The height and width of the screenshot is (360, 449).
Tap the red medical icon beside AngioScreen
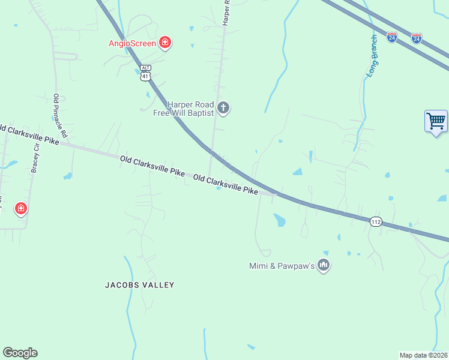[x=164, y=42]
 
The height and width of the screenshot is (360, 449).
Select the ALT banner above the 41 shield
[x=145, y=68]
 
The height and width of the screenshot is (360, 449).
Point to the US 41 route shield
[x=145, y=76]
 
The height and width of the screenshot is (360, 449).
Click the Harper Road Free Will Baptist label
[x=183, y=108]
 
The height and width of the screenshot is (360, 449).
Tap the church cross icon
[x=223, y=108]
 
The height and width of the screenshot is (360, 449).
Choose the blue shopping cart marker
[x=436, y=121]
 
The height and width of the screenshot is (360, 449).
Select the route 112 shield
[x=376, y=221]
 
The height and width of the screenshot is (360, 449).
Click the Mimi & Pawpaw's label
[x=282, y=265]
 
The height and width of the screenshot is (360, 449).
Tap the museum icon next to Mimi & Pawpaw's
[x=324, y=265]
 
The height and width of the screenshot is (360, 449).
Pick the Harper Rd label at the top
[x=226, y=12]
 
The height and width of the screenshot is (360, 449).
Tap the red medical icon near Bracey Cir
[x=21, y=209]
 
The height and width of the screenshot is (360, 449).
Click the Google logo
[x=20, y=353]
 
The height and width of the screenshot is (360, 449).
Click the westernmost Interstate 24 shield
[x=392, y=37]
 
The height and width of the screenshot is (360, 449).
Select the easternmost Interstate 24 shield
[x=417, y=38]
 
